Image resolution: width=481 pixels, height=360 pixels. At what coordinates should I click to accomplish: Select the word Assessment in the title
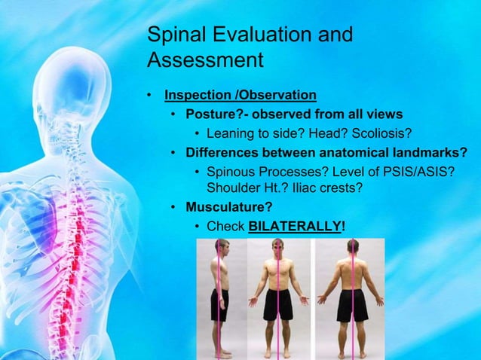[x=204, y=59]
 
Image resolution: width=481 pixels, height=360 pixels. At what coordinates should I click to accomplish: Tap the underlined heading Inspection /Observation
[x=240, y=96]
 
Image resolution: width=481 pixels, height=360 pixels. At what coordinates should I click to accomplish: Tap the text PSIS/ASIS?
[x=418, y=172]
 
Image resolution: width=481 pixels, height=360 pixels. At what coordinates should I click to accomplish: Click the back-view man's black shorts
[x=351, y=305]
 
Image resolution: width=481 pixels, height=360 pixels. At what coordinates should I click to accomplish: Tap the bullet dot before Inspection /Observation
[x=150, y=96]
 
